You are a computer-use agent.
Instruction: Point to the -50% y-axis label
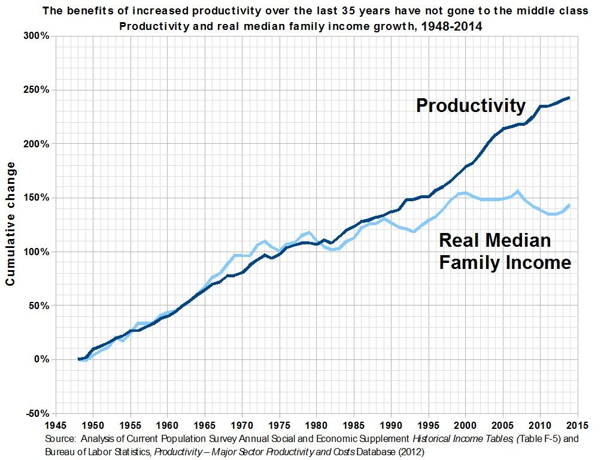coord(37,413)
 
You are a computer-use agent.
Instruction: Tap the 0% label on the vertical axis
coord(41,359)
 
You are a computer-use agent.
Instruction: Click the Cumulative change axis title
coord(11,225)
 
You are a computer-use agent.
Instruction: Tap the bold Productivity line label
coord(471,106)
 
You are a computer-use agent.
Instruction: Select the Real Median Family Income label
coord(505,252)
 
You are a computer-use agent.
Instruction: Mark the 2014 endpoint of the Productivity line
coord(569,98)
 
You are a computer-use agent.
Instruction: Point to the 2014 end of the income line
coord(569,205)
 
